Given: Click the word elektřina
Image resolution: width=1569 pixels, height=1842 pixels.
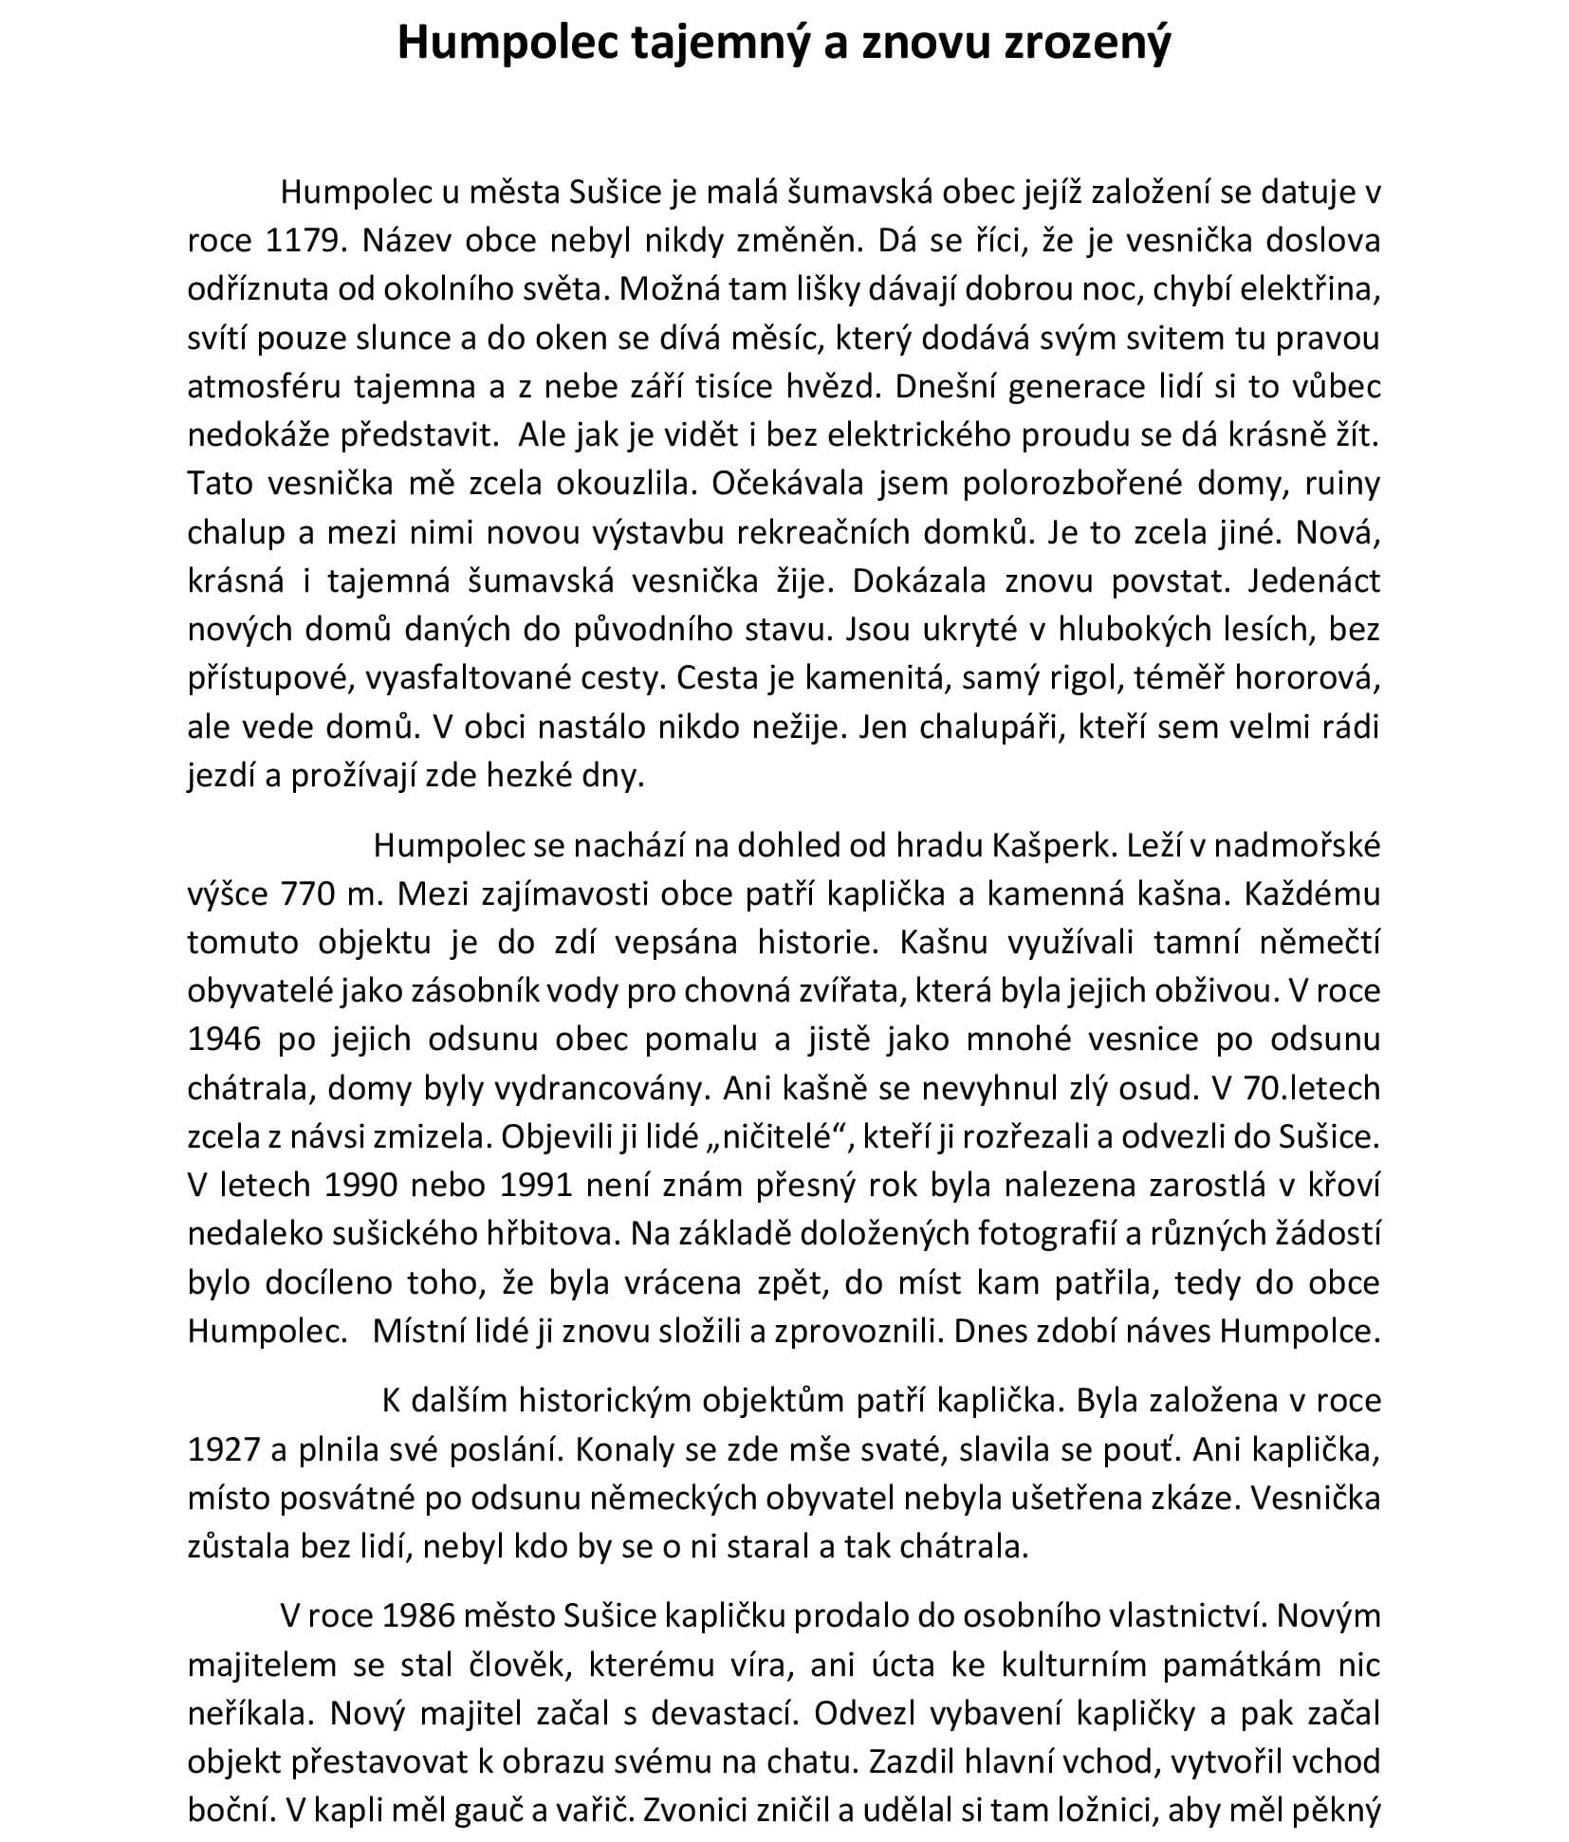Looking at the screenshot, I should (x=1308, y=289).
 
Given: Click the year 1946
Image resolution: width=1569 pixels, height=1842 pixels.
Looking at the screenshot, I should (x=224, y=1039).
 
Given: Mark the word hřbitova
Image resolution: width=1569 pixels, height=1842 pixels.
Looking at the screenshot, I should (x=544, y=1233).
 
